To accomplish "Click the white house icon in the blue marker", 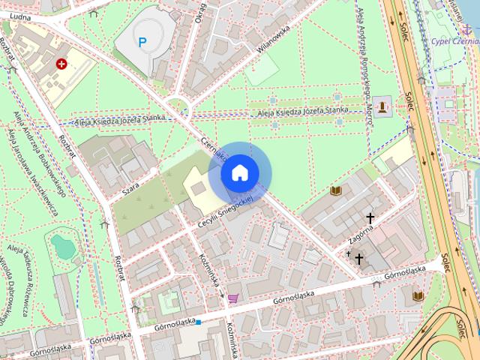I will (x=239, y=173).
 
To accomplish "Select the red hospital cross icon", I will (x=61, y=64).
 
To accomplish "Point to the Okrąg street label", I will (x=200, y=11).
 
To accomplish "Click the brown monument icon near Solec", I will (x=383, y=106).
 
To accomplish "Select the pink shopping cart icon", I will (x=233, y=298).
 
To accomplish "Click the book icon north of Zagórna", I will (x=336, y=191).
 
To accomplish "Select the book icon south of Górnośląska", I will (x=418, y=296).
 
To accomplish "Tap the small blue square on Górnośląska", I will (x=199, y=322).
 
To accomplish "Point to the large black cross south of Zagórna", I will (x=358, y=259).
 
